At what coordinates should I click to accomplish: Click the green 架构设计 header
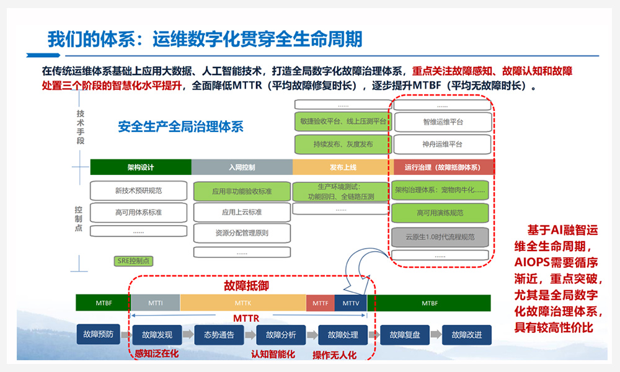[141, 167]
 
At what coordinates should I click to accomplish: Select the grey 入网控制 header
[242, 167]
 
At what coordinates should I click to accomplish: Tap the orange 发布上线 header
[342, 167]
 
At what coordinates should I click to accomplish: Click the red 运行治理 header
[444, 167]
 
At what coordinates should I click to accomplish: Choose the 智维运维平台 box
[443, 122]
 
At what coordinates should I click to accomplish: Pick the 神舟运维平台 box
[443, 144]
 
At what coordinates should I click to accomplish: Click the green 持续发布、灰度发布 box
[343, 144]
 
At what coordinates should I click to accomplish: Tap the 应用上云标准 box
[242, 212]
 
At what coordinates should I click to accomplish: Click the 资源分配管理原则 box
[242, 233]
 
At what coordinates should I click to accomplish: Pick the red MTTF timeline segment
[320, 303]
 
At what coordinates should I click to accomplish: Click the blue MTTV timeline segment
[351, 303]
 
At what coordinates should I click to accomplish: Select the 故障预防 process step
[98, 335]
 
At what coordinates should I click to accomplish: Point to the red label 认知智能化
[273, 355]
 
